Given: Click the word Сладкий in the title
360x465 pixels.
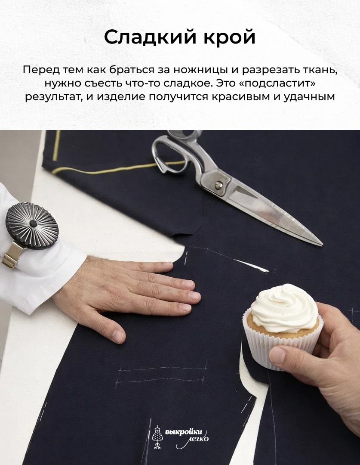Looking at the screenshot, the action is tap(147, 37).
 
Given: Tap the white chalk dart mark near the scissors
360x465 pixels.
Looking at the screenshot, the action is tap(252, 265).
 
